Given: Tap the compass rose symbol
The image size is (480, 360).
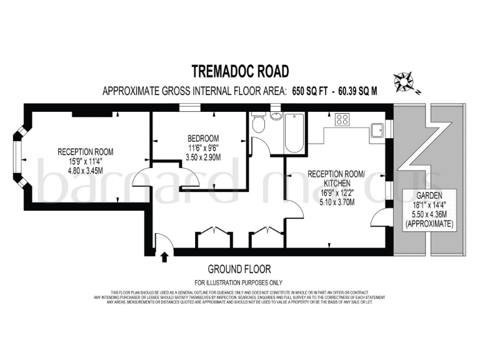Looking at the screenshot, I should click(x=403, y=81).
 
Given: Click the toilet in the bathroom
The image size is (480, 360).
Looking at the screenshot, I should click(x=259, y=124).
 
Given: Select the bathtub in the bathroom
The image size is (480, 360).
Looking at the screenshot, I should click(x=294, y=132).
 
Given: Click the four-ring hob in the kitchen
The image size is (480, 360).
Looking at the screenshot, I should click(x=342, y=119).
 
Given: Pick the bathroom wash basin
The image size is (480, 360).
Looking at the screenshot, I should click(x=276, y=116).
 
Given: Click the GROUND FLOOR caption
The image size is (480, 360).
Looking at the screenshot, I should click(x=240, y=269).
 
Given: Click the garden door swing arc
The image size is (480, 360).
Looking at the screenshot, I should click(x=377, y=219).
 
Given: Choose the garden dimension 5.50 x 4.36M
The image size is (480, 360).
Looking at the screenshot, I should click(x=429, y=213).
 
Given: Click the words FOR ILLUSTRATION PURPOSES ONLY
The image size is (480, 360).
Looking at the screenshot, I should click(x=239, y=282).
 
